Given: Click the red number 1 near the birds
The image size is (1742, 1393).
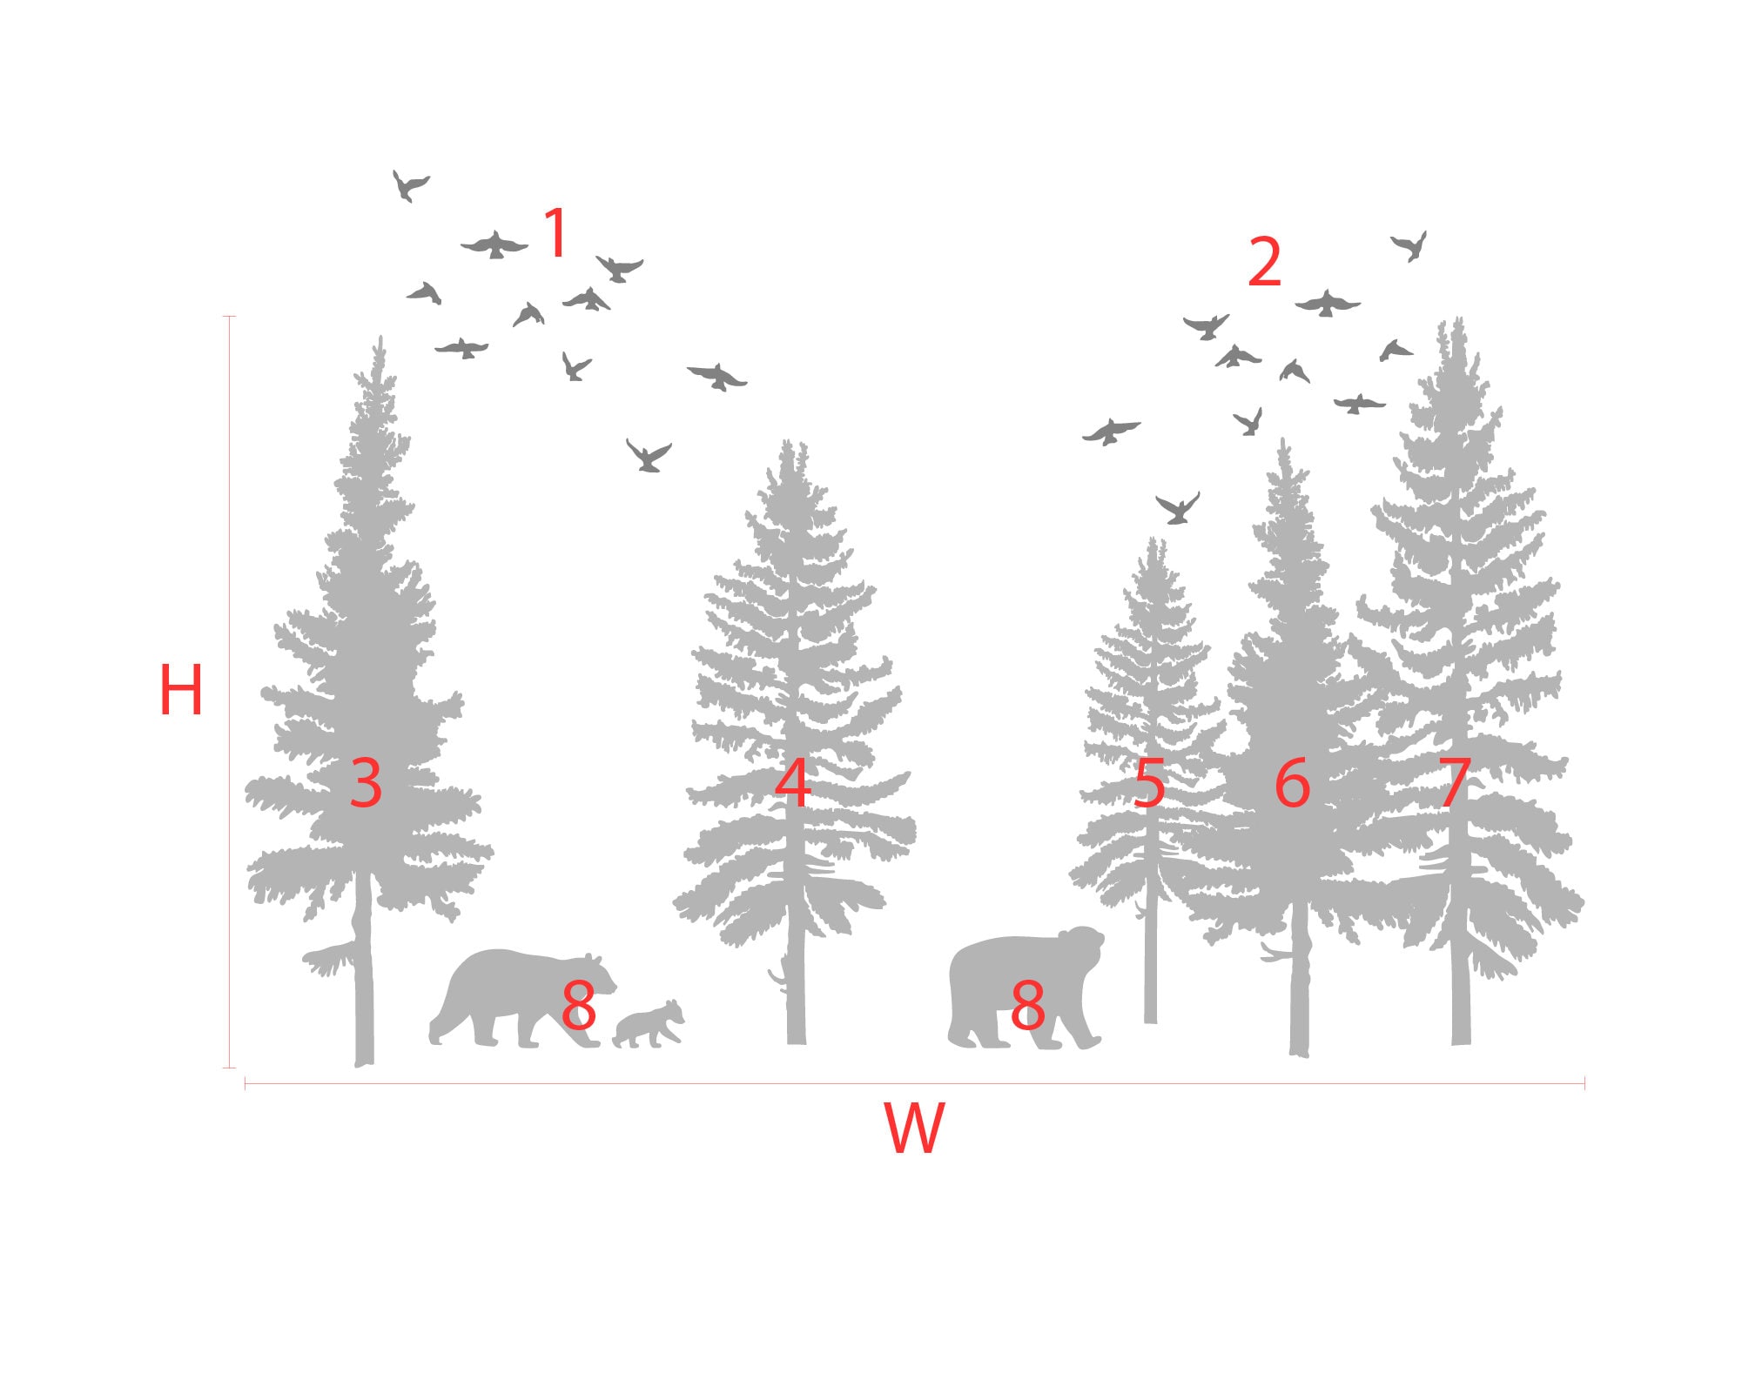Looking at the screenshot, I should click(555, 232).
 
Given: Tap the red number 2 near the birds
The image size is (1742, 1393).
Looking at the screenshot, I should click(1264, 261).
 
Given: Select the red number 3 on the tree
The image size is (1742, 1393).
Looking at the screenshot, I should click(366, 782).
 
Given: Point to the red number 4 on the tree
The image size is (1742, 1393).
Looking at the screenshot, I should click(792, 782).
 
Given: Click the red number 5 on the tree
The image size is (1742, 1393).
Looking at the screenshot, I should click(1149, 782).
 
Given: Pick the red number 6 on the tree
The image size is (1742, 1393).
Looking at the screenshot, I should click(1292, 782).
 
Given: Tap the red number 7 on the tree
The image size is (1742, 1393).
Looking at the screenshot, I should click(1454, 782).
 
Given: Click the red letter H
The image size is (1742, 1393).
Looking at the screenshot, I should click(181, 690).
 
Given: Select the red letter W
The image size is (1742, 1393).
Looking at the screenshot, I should click(913, 1128).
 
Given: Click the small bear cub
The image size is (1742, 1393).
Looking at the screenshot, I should click(649, 1025).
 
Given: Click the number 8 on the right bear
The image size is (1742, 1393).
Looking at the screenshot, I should click(1027, 1004).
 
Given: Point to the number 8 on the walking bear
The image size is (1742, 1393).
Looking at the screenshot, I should click(579, 1004).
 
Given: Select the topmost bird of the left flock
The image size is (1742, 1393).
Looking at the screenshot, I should click(408, 185).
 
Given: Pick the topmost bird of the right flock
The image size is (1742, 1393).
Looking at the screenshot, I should click(1409, 245).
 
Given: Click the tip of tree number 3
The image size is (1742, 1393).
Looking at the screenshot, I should click(380, 341).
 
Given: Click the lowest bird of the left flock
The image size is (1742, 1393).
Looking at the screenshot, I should click(649, 456).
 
